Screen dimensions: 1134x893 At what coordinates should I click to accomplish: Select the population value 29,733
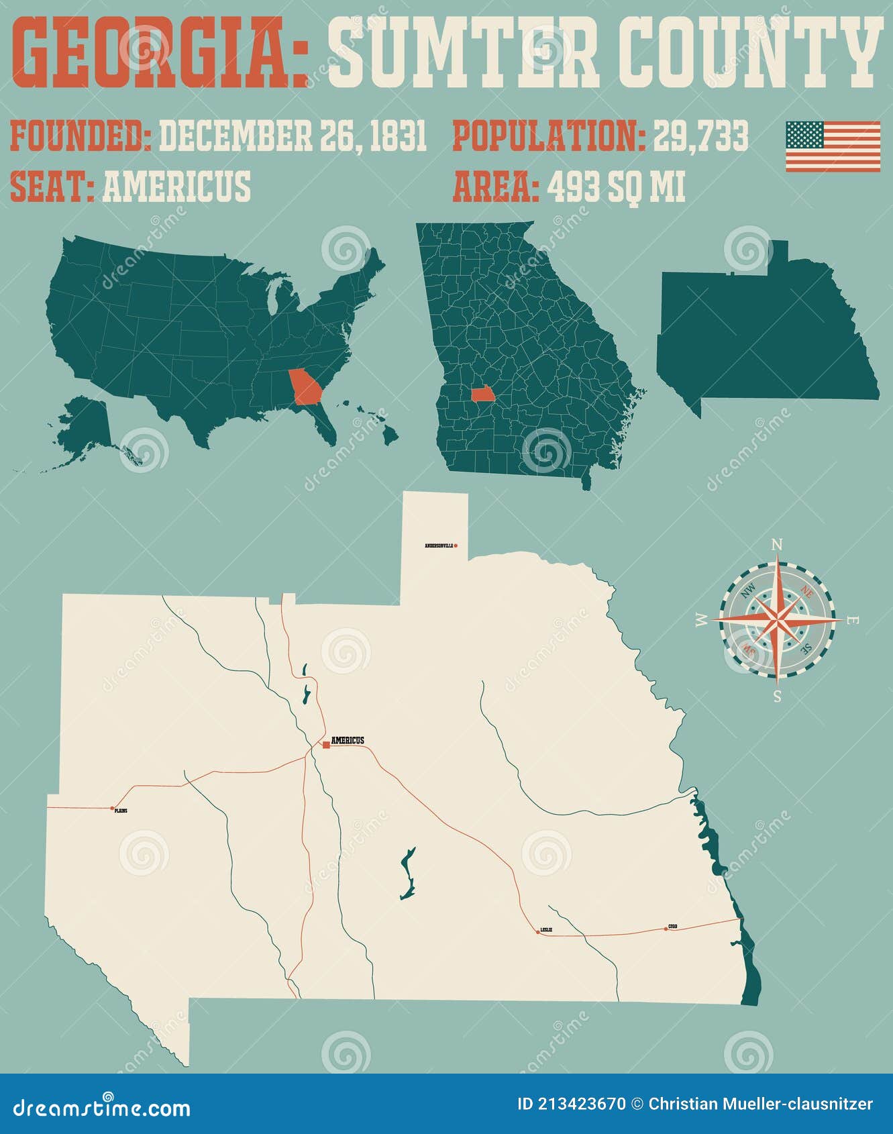point(700,136)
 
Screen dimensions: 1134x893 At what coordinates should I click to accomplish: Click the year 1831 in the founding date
point(399,136)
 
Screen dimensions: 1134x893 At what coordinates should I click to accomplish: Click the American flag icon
point(833,146)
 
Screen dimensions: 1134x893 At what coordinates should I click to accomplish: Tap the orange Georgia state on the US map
point(304,386)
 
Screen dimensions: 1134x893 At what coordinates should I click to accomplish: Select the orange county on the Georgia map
point(482,393)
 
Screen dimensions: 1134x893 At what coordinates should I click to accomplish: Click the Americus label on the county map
point(348,740)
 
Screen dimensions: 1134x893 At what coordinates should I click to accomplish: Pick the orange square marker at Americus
point(326,745)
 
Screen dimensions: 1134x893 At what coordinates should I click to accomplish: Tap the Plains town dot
point(113,808)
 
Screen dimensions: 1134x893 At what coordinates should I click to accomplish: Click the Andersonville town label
point(439,546)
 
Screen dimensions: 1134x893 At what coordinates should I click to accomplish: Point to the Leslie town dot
point(538,931)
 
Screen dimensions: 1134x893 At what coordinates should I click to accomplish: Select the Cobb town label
point(672,927)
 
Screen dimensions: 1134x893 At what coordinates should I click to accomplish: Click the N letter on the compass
point(777,545)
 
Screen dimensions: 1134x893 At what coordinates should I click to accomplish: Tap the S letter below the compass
point(777,696)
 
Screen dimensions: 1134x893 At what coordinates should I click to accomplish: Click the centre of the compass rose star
point(777,620)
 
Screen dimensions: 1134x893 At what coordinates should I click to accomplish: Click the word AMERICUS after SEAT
point(176,187)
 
